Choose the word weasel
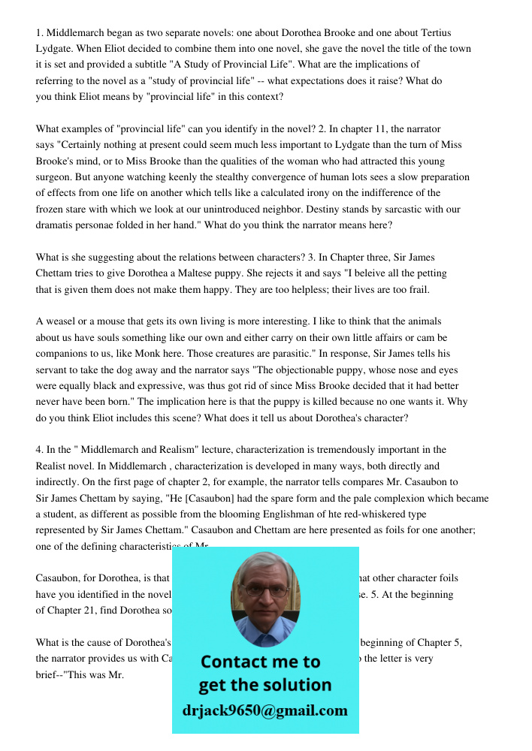point(62,321)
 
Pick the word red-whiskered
point(357,514)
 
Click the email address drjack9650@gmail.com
point(264,710)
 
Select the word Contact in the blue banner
point(234,662)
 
